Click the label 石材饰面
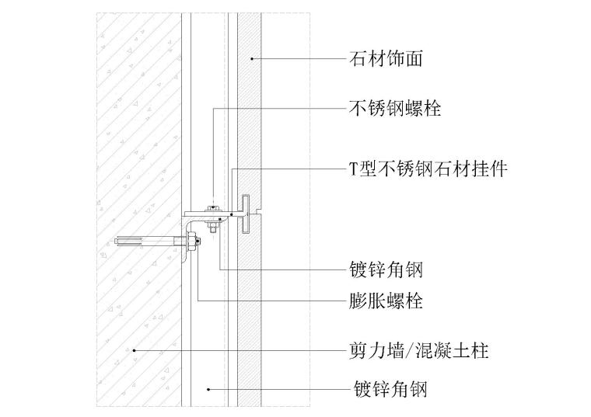click(x=386, y=58)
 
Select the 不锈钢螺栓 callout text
click(x=395, y=109)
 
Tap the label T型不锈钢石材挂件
click(x=428, y=169)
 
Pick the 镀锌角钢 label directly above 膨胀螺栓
click(x=386, y=269)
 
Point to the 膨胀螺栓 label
click(x=386, y=301)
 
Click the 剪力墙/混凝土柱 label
click(x=418, y=351)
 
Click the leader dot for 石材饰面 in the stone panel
click(x=251, y=58)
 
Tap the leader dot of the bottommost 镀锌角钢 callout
click(x=208, y=388)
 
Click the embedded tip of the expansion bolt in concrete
click(x=118, y=242)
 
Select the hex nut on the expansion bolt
click(x=189, y=242)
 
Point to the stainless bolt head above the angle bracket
click(x=212, y=207)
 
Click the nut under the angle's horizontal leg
click(x=212, y=228)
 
